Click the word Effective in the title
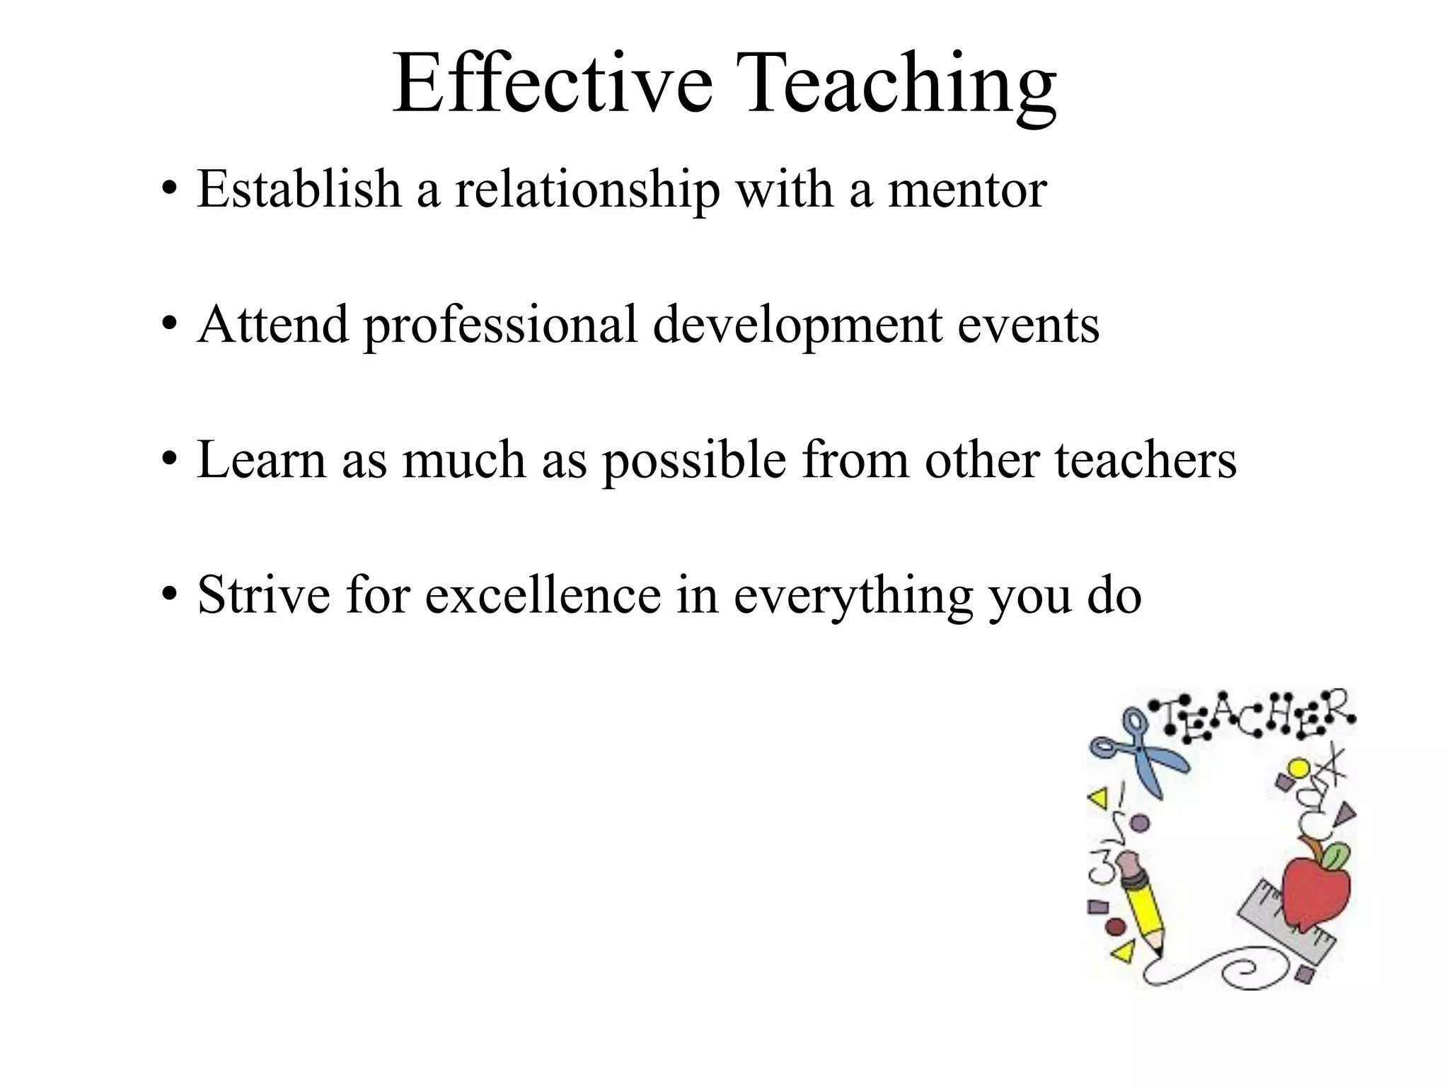pos(553,84)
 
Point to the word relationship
pos(587,191)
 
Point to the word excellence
pos(543,594)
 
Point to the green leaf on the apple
pos(1334,857)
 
